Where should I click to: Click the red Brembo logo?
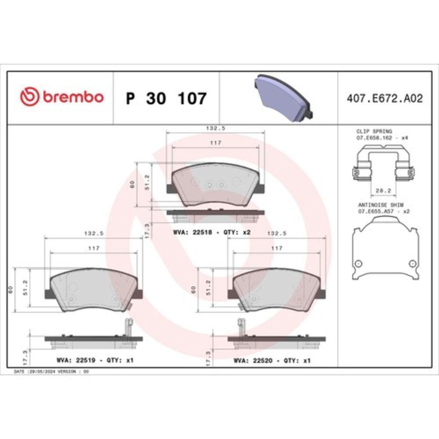tap(61, 97)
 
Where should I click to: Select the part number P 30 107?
tap(166, 98)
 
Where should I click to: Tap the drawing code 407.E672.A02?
tap(385, 98)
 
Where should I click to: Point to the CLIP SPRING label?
tap(374, 131)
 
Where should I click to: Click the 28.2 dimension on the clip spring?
tap(383, 191)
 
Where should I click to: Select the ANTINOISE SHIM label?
tap(381, 205)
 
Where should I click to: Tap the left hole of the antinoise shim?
tap(358, 263)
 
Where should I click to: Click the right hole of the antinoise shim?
tap(412, 263)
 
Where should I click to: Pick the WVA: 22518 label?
tap(193, 232)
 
